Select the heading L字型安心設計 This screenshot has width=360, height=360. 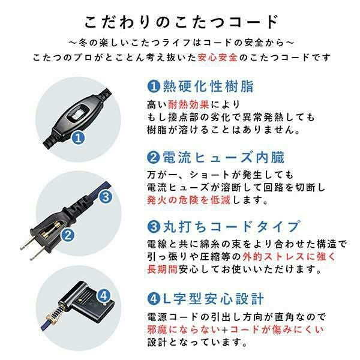tap(207, 298)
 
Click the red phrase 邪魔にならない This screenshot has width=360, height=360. tap(182, 330)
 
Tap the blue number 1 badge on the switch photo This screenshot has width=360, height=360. tap(78, 139)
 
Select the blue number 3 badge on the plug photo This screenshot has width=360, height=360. tap(105, 196)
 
